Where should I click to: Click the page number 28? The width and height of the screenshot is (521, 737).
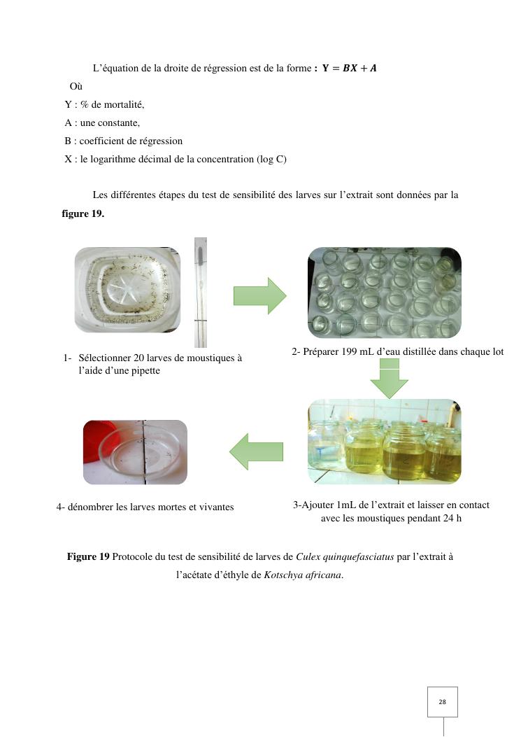[x=442, y=702]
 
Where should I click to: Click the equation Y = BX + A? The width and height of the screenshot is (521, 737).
[x=349, y=68]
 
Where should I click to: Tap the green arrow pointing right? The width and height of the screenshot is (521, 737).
[x=259, y=295]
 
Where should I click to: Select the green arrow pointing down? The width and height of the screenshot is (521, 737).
[x=389, y=379]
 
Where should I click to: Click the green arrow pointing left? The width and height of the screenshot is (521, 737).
[x=256, y=451]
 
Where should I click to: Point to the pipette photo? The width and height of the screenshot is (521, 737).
[x=201, y=292]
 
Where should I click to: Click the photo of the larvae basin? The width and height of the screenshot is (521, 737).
[x=127, y=290]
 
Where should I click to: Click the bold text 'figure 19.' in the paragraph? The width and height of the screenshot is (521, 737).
[x=83, y=213]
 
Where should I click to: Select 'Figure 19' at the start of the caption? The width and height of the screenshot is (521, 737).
[x=88, y=556]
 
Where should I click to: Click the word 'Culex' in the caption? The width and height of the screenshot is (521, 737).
[x=308, y=556]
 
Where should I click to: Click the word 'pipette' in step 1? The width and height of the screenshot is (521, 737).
[x=144, y=371]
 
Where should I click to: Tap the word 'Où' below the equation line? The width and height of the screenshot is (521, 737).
[x=76, y=87]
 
